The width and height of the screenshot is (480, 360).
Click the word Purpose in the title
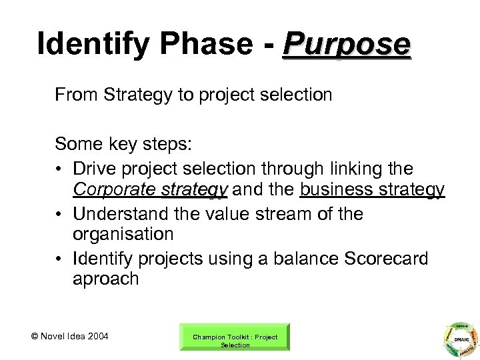pos(347,45)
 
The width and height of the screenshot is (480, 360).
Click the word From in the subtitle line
pos(75,95)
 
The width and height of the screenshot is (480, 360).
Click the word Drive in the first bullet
pos(94,169)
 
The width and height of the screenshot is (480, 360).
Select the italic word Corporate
pos(115,190)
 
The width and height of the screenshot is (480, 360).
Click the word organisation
pos(123,235)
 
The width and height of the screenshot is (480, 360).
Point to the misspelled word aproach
pos(106,279)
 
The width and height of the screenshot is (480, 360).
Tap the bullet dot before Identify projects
pos(61,258)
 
